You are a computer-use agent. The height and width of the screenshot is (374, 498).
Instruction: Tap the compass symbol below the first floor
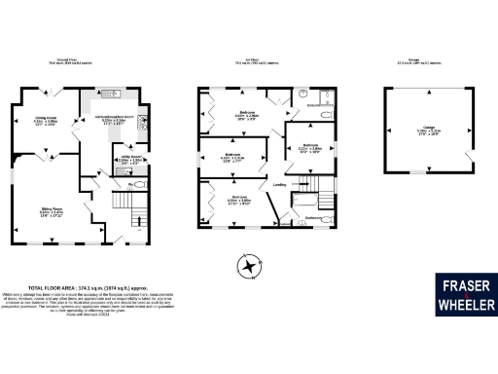tap(251, 265)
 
